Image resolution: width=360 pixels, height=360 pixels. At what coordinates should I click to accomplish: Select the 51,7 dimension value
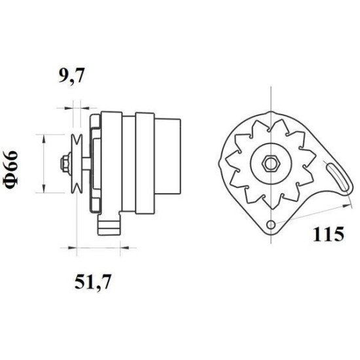click(91, 283)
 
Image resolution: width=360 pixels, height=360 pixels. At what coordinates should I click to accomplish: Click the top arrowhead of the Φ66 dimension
click(45, 137)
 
